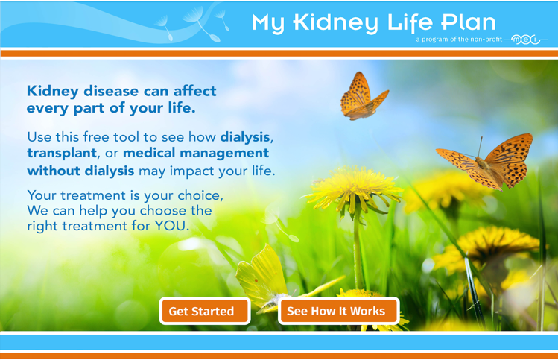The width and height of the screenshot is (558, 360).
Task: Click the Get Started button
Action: pyautogui.click(x=205, y=311)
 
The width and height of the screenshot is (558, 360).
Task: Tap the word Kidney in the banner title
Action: pyautogui.click(x=335, y=23)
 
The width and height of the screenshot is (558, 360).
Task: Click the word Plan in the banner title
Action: pyautogui.click(x=469, y=22)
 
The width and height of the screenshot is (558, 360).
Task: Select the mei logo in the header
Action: pyautogui.click(x=526, y=40)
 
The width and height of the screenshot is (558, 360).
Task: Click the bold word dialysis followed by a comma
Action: pyautogui.click(x=245, y=137)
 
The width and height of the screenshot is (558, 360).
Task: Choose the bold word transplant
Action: pyautogui.click(x=62, y=153)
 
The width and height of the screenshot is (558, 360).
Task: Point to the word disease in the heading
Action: pyautogui.click(x=111, y=91)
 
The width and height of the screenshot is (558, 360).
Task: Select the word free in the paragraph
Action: pyautogui.click(x=95, y=136)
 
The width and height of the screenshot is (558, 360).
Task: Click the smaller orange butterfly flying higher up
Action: pyautogui.click(x=362, y=96)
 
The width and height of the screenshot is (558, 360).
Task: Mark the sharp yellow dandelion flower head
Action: pyautogui.click(x=354, y=189)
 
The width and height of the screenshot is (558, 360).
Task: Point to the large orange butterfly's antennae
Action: pyautogui.click(x=480, y=147)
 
